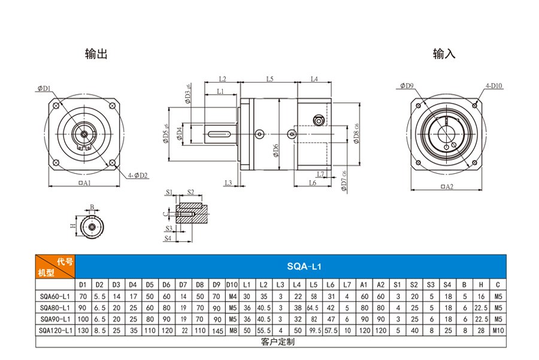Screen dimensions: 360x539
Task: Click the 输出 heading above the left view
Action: point(96,54)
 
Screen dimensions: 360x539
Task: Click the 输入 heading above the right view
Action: point(444,54)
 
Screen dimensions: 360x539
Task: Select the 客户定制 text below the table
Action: point(278,342)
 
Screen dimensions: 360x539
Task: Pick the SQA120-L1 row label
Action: point(55,330)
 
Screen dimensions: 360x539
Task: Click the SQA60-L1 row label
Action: point(55,296)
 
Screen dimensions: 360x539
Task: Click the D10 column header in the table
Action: point(232,285)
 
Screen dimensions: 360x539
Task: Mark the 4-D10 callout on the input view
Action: point(494,86)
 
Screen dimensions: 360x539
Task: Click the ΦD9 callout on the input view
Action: point(407,86)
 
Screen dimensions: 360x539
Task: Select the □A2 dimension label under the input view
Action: point(446,187)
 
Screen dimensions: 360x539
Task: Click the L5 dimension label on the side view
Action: point(269,78)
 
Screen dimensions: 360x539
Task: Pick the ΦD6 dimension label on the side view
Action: point(275,150)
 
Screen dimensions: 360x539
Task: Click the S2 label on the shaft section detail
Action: point(190,192)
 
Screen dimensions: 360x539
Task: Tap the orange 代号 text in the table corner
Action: point(65,262)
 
